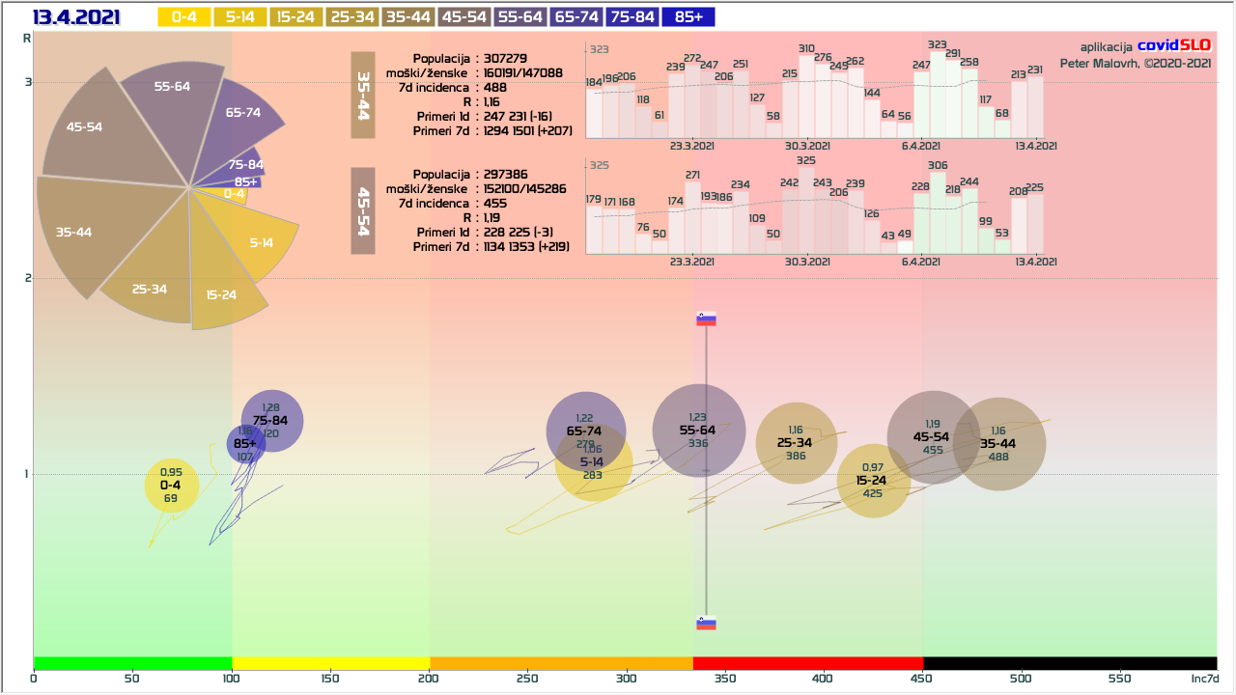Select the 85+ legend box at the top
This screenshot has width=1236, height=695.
click(689, 17)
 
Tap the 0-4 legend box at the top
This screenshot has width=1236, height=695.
click(183, 17)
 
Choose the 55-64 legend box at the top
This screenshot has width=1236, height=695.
click(520, 17)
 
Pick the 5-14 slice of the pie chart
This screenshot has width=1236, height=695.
click(259, 241)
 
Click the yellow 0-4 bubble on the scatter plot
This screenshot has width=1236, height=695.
click(171, 486)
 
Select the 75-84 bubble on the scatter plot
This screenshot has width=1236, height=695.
click(271, 420)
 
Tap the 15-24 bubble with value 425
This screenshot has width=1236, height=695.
click(872, 481)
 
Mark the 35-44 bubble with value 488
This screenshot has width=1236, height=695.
click(998, 444)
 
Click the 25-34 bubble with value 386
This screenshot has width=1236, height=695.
click(795, 443)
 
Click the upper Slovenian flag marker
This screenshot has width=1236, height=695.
click(707, 320)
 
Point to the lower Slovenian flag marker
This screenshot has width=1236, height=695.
click(707, 623)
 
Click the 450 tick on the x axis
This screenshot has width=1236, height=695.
click(922, 679)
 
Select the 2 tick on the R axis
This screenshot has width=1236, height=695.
click(29, 278)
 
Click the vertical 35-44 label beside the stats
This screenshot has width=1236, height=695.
click(363, 95)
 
